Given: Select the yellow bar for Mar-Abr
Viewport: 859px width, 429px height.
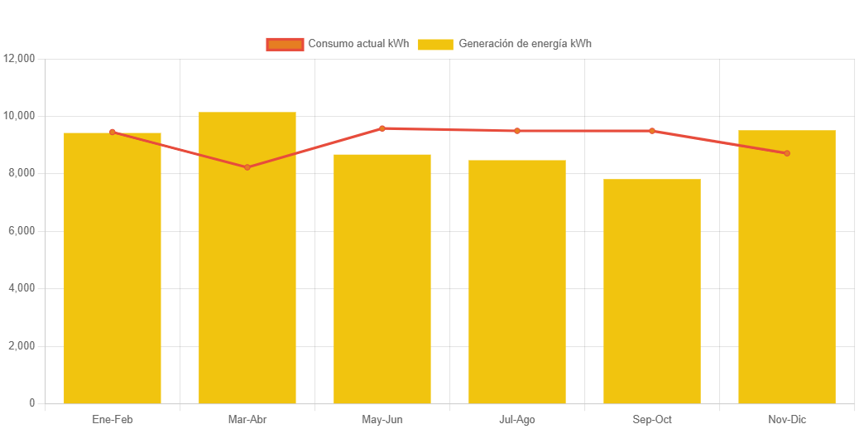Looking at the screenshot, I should [x=247, y=258].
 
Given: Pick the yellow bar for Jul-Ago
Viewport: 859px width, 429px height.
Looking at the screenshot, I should [x=517, y=282].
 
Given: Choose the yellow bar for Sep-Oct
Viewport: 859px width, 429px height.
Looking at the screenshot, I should [x=652, y=291].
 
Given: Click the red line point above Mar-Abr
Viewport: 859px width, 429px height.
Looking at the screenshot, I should [x=247, y=167].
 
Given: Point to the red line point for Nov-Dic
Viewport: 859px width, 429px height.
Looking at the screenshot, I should [x=787, y=153].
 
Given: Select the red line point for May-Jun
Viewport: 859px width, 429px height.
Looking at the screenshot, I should [x=382, y=128].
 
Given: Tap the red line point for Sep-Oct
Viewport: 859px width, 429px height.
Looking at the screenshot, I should [x=652, y=131].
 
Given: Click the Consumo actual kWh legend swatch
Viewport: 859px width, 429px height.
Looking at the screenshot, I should [x=285, y=44].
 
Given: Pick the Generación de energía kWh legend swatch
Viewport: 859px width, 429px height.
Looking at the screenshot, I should [x=435, y=44].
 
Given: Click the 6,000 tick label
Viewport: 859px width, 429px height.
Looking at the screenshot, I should [x=22, y=230].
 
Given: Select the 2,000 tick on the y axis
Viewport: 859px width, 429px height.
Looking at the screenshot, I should [x=22, y=345].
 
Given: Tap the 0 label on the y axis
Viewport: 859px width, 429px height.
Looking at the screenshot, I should [x=31, y=402].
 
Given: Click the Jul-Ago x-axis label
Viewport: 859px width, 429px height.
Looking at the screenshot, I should [x=517, y=420].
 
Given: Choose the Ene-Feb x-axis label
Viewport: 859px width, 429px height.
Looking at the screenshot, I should [x=113, y=420].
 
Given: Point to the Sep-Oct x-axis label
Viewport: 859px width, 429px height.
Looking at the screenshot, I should [x=652, y=420].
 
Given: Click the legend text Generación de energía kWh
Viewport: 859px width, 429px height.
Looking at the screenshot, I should [x=525, y=44].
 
